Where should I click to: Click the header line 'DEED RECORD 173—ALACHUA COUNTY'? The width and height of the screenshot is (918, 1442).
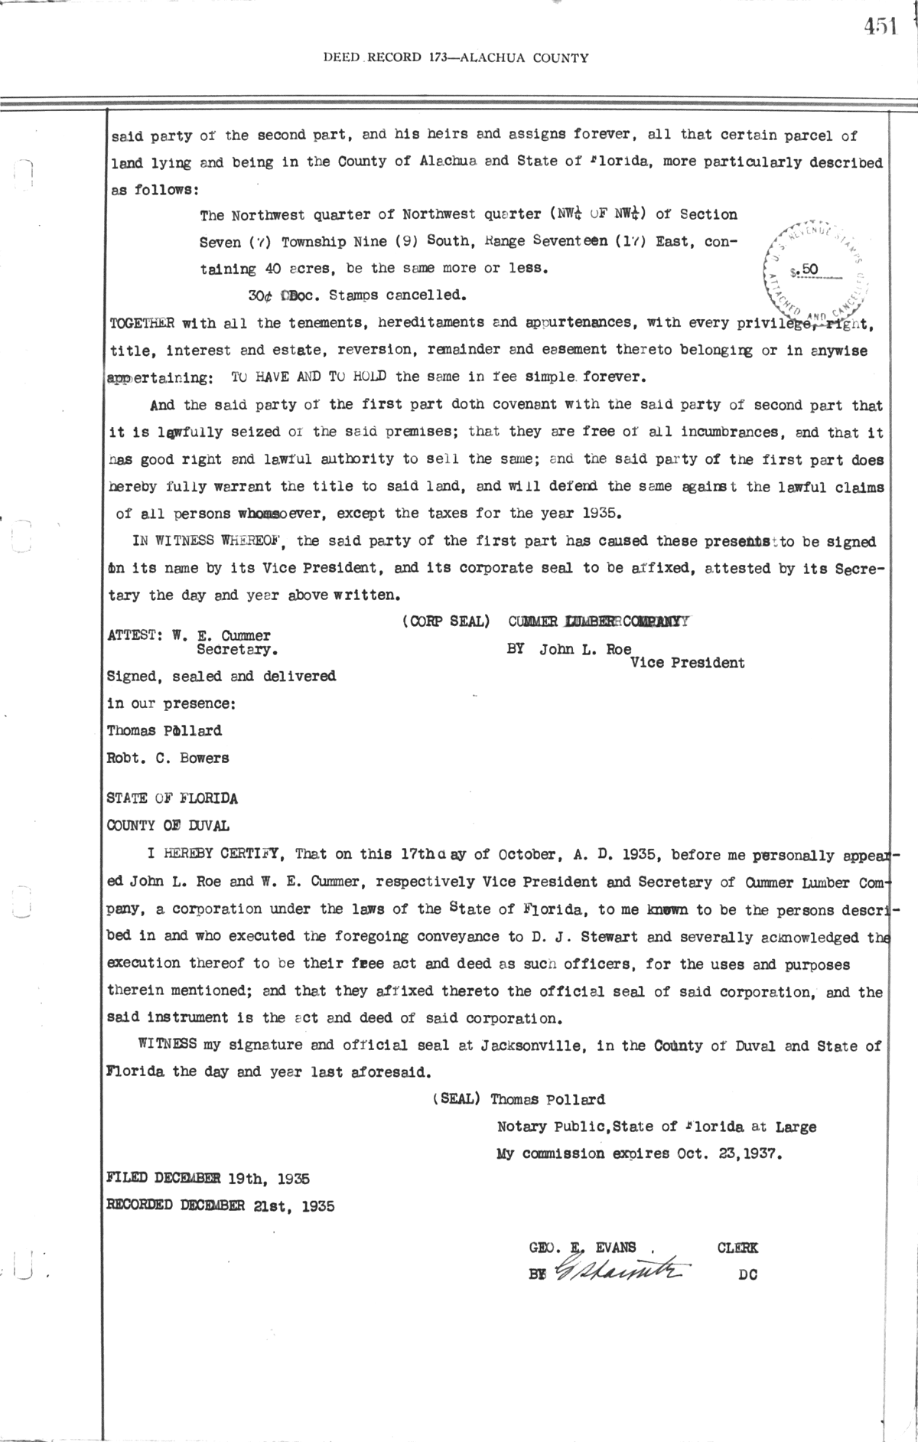coord(456,57)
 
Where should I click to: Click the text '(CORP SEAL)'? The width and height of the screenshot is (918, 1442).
coord(445,621)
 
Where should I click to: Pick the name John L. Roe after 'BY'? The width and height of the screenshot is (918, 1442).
coord(585,650)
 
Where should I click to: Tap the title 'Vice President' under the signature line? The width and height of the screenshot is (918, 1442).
coord(686,663)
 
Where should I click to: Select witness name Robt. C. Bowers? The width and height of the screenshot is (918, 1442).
coord(168,758)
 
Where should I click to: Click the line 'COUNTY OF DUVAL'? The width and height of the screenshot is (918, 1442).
coord(168,826)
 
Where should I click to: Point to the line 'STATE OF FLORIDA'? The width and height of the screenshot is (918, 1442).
coord(172,798)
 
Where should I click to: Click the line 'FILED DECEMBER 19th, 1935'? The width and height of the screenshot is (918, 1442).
coord(208,1179)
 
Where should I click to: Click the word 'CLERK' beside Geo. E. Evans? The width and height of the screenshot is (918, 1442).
coord(737,1248)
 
